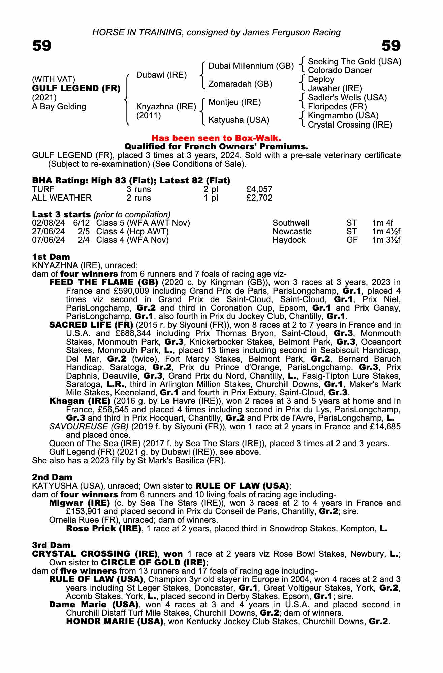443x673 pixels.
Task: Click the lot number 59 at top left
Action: (x=42, y=46)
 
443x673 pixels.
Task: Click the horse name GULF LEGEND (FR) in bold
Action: (x=76, y=88)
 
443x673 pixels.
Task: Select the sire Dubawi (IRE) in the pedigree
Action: (x=161, y=75)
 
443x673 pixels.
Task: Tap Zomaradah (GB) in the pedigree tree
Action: (x=240, y=84)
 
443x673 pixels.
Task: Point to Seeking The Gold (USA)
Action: (x=354, y=62)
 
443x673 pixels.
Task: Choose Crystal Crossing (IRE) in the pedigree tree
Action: (x=350, y=125)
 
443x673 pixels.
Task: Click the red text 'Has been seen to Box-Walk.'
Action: (x=216, y=138)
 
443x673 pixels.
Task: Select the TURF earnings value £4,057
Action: (x=259, y=189)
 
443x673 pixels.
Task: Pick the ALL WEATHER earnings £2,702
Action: (x=259, y=198)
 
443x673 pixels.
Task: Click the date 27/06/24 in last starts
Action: (x=49, y=232)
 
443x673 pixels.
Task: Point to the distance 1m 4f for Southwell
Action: (x=382, y=223)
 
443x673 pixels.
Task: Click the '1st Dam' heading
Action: (x=51, y=257)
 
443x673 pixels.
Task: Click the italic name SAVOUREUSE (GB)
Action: (x=89, y=427)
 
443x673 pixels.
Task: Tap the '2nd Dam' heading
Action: (x=52, y=477)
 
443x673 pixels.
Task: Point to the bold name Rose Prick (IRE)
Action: (x=103, y=528)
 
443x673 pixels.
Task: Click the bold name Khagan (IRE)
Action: (x=80, y=401)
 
